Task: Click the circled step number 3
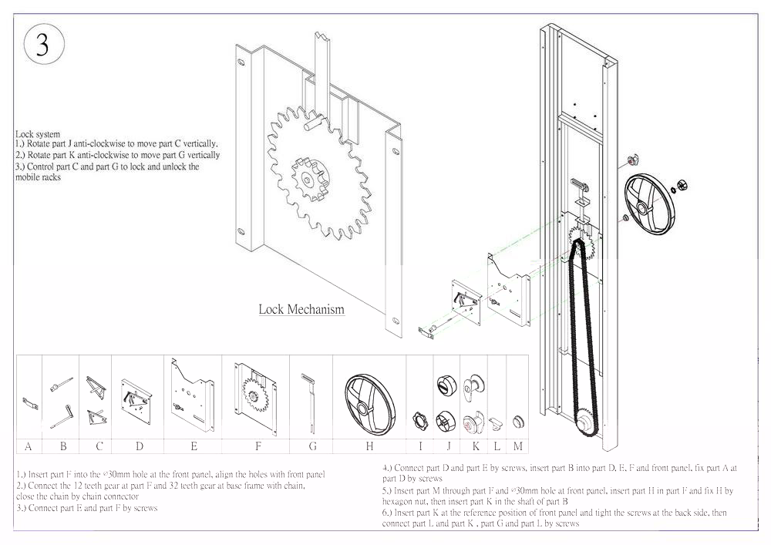pos(44,44)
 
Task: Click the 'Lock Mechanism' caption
pos(301,310)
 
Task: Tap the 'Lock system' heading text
pos(37,134)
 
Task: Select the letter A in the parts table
pos(28,446)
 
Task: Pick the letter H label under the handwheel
pos(369,446)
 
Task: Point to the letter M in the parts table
pos(518,446)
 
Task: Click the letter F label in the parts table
pos(258,446)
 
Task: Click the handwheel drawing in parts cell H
pos(370,404)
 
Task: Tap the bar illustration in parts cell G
pos(310,402)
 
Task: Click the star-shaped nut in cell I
pos(420,421)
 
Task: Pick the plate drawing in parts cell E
pos(193,395)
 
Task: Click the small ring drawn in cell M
pos(518,421)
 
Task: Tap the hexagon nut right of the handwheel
pos(682,185)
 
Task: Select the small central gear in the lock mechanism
pos(309,180)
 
